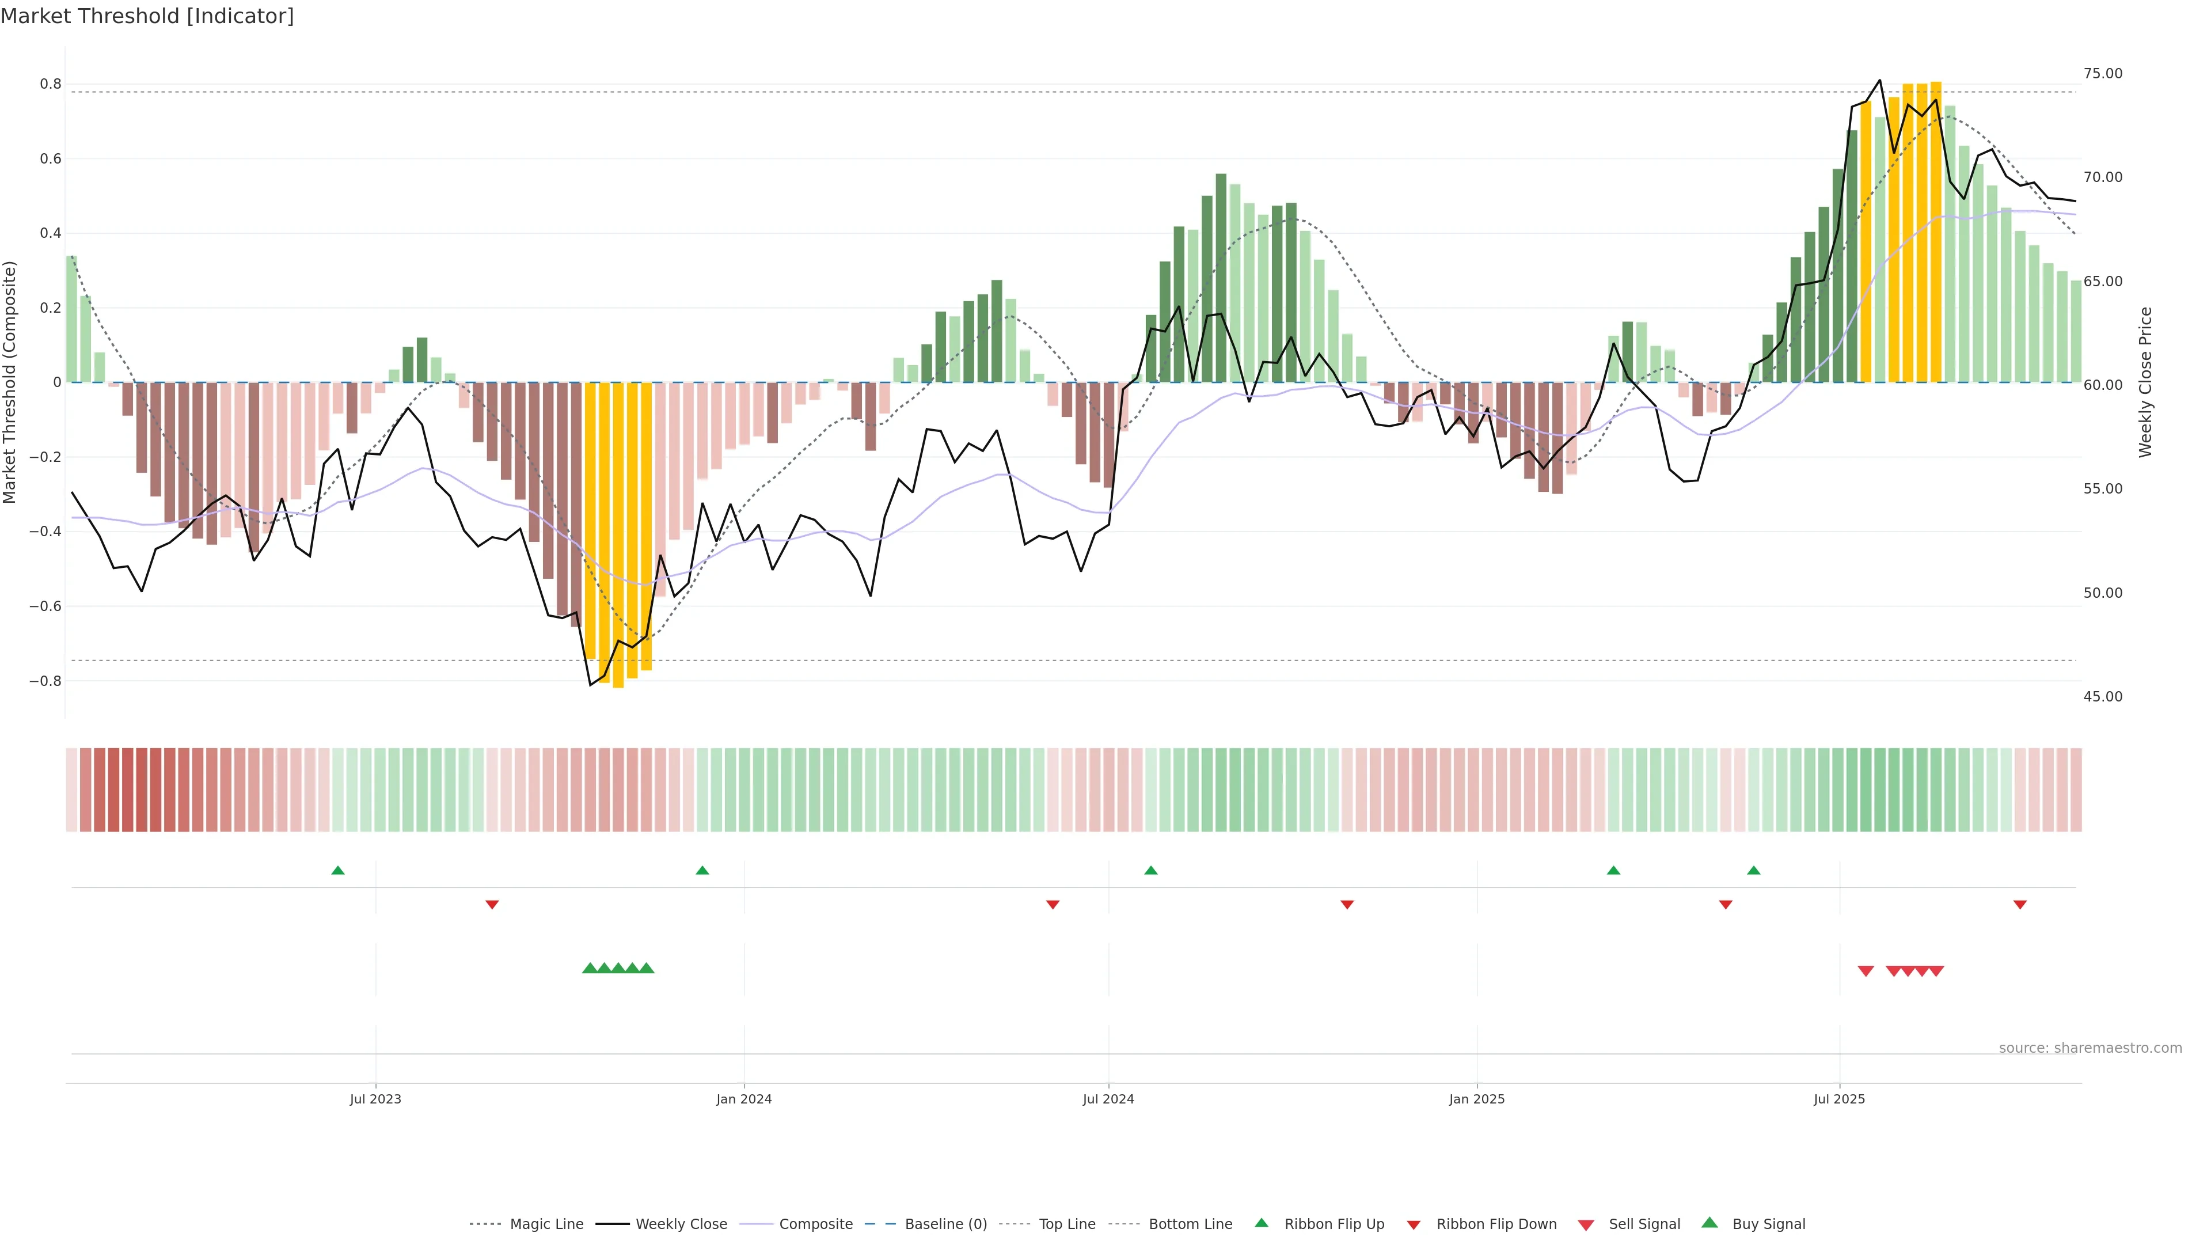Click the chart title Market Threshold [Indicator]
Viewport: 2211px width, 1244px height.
147,16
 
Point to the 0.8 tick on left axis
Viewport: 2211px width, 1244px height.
51,84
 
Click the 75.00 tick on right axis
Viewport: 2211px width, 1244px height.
2103,74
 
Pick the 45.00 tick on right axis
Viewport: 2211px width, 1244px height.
2103,696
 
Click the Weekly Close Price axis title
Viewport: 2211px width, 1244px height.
2146,382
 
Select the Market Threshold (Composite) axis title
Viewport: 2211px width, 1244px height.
10,382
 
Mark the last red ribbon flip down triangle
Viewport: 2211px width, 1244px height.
2020,905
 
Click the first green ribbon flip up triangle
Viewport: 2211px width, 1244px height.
338,871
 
